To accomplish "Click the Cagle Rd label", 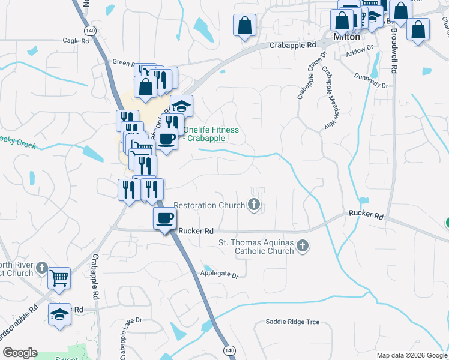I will (76, 41).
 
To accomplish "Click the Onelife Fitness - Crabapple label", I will (211, 134).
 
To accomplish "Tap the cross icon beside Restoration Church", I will (254, 205).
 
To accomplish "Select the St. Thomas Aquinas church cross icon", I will (303, 245).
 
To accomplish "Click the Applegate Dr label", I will (219, 275).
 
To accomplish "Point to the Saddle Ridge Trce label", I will (292, 322).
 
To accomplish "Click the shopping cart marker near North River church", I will (59, 277).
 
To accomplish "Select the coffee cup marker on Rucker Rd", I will (164, 218).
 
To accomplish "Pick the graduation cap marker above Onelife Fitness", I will (181, 106).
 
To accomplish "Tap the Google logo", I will (20, 353).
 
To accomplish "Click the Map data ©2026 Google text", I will (411, 355).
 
